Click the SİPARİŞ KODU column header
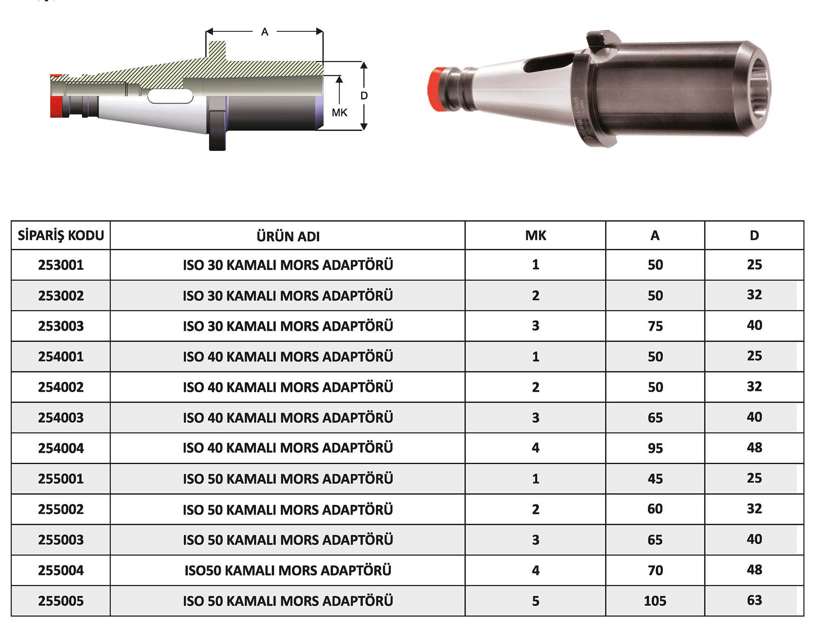click(x=61, y=235)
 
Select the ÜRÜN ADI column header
click(x=288, y=236)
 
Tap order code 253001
click(x=61, y=265)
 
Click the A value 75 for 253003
click(x=655, y=326)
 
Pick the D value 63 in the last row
click(x=754, y=600)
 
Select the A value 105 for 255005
click(x=655, y=601)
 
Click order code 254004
click(x=61, y=448)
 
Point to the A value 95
click(x=655, y=448)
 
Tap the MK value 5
click(x=535, y=601)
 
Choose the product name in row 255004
click(x=288, y=570)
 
